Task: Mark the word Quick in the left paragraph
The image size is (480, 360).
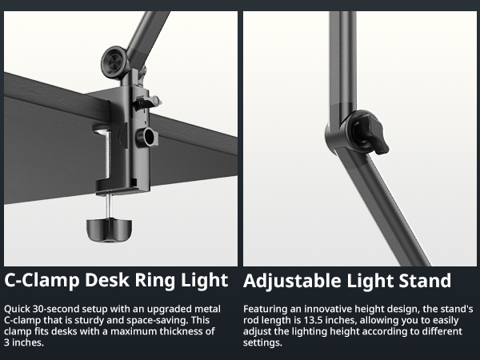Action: (x=18, y=308)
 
